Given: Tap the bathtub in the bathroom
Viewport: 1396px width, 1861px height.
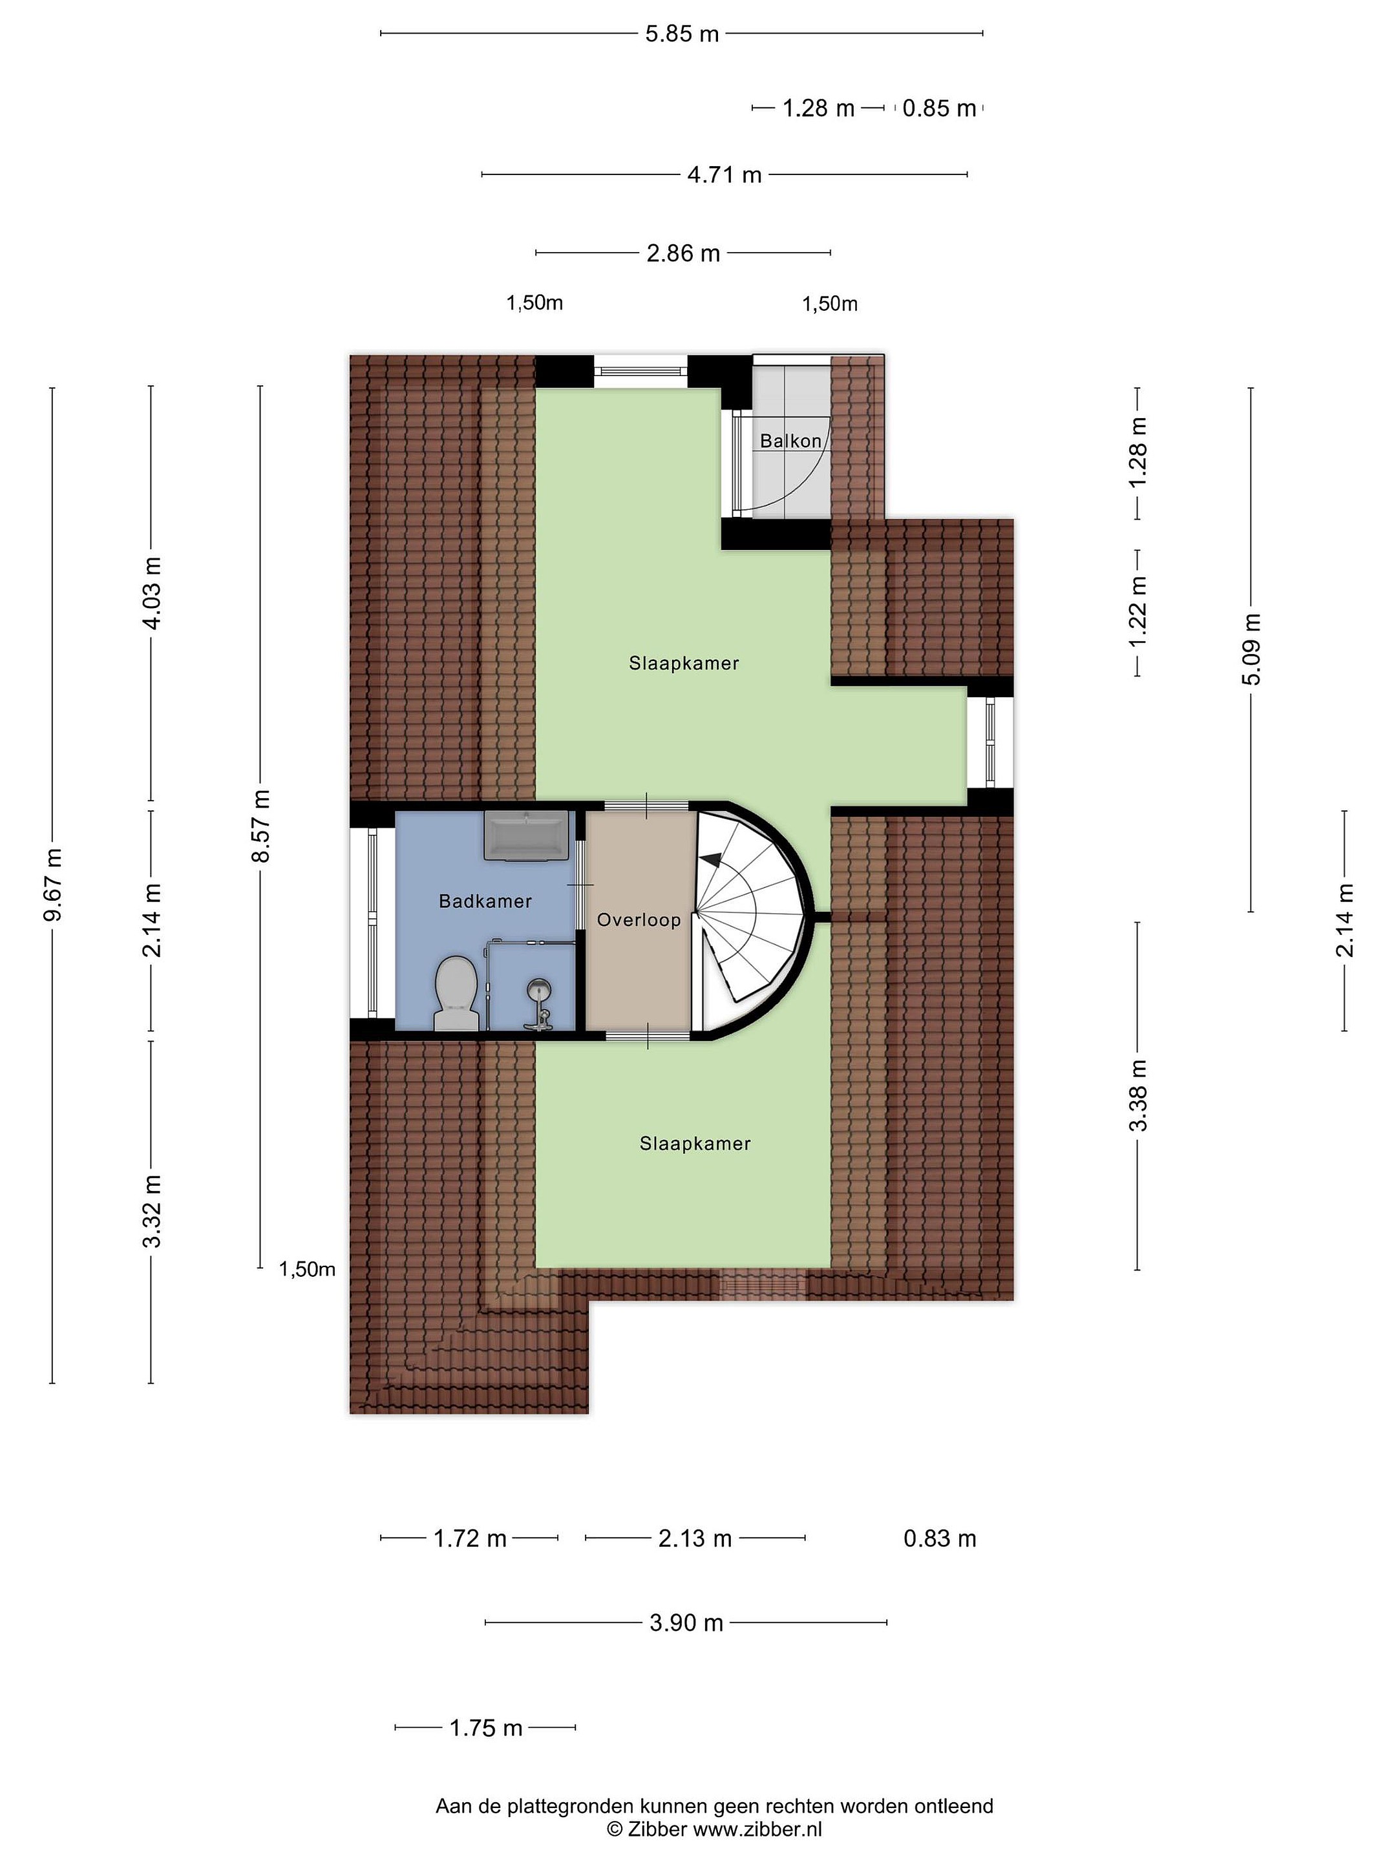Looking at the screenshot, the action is point(526,835).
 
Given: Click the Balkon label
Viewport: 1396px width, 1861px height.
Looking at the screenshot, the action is point(790,441).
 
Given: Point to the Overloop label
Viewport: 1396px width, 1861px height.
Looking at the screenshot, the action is point(639,920).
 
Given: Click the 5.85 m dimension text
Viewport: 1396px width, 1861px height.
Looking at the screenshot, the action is point(682,34).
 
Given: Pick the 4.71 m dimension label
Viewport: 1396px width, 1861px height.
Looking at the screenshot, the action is point(724,175).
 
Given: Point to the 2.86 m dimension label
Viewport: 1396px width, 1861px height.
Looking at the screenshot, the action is point(683,253).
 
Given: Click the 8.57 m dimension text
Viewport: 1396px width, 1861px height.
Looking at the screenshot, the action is point(261,825).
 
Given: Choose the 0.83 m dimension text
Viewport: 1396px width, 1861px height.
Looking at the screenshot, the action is point(940,1539).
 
